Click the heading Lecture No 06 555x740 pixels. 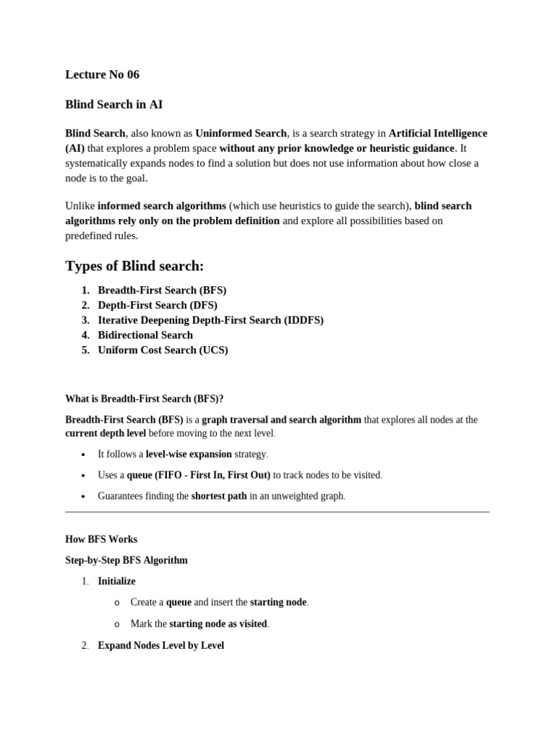click(102, 74)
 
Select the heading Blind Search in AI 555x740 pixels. click(113, 104)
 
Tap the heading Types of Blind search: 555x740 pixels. click(134, 266)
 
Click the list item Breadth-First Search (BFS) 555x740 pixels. click(162, 290)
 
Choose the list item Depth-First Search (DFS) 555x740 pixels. click(158, 305)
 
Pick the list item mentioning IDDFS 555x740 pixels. click(210, 320)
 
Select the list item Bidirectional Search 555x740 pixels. click(145, 335)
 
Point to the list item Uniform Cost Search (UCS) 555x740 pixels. click(163, 350)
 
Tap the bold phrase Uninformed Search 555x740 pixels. click(241, 134)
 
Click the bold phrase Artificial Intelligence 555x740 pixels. click(438, 134)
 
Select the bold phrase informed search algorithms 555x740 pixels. click(162, 206)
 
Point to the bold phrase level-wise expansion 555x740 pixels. click(189, 455)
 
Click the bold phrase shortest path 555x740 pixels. click(219, 496)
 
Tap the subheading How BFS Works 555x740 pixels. click(101, 539)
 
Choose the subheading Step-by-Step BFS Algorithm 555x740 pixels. click(126, 560)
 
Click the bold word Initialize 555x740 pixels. click(116, 581)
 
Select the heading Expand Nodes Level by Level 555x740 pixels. click(160, 645)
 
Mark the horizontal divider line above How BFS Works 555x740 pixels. click(277, 512)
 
